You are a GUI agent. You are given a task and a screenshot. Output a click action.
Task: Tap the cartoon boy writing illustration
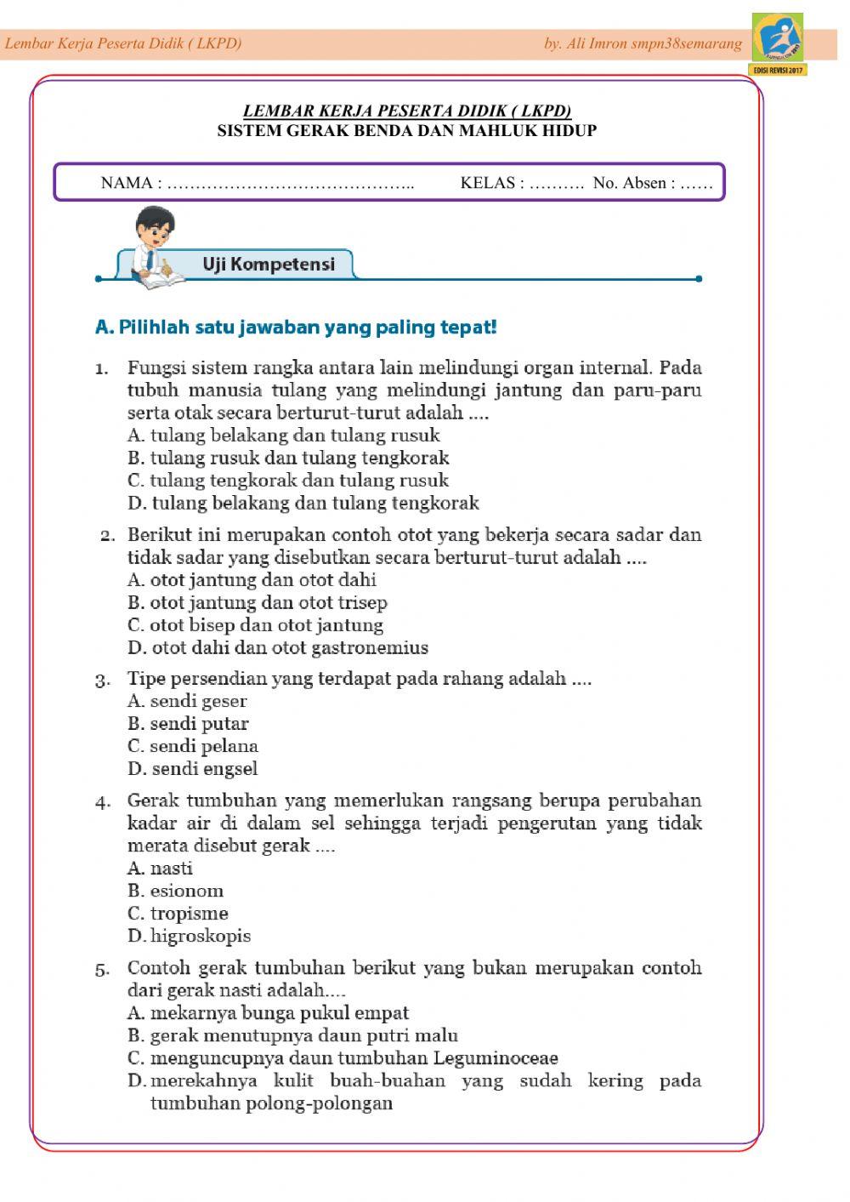tap(156, 246)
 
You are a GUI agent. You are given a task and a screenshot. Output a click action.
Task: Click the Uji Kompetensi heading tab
tap(268, 265)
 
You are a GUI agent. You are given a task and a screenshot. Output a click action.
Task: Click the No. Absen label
tap(634, 183)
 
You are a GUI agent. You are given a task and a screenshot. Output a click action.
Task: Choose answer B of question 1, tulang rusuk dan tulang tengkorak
tap(288, 458)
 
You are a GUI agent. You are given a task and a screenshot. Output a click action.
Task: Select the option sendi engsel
tap(193, 769)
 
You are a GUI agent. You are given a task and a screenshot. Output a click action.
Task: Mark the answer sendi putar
tap(189, 724)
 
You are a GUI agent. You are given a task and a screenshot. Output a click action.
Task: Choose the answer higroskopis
tap(190, 937)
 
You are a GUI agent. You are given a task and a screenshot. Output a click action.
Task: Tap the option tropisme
tap(178, 914)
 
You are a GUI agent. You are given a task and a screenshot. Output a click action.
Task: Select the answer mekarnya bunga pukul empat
tap(269, 1013)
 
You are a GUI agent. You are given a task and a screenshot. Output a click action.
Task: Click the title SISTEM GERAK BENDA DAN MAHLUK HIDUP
tap(407, 131)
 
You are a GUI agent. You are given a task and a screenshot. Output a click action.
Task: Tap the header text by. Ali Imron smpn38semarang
tap(643, 43)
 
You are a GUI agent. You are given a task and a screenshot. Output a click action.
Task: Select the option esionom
tap(176, 892)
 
